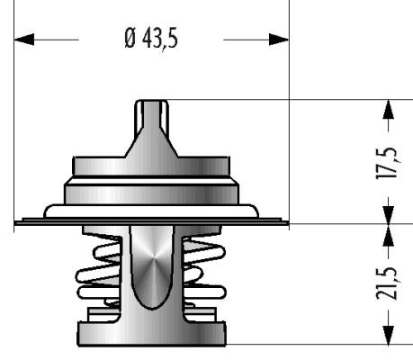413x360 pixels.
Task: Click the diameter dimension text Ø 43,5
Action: pos(151,39)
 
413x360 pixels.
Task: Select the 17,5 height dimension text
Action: pos(388,163)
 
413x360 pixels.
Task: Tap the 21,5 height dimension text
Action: pos(388,283)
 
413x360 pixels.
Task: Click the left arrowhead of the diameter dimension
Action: pos(24,40)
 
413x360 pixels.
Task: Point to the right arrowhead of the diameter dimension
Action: pos(279,40)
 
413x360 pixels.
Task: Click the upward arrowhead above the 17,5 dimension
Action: pos(389,109)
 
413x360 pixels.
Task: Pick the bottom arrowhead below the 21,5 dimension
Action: pos(389,335)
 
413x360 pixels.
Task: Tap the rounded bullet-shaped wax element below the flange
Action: pos(152,267)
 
